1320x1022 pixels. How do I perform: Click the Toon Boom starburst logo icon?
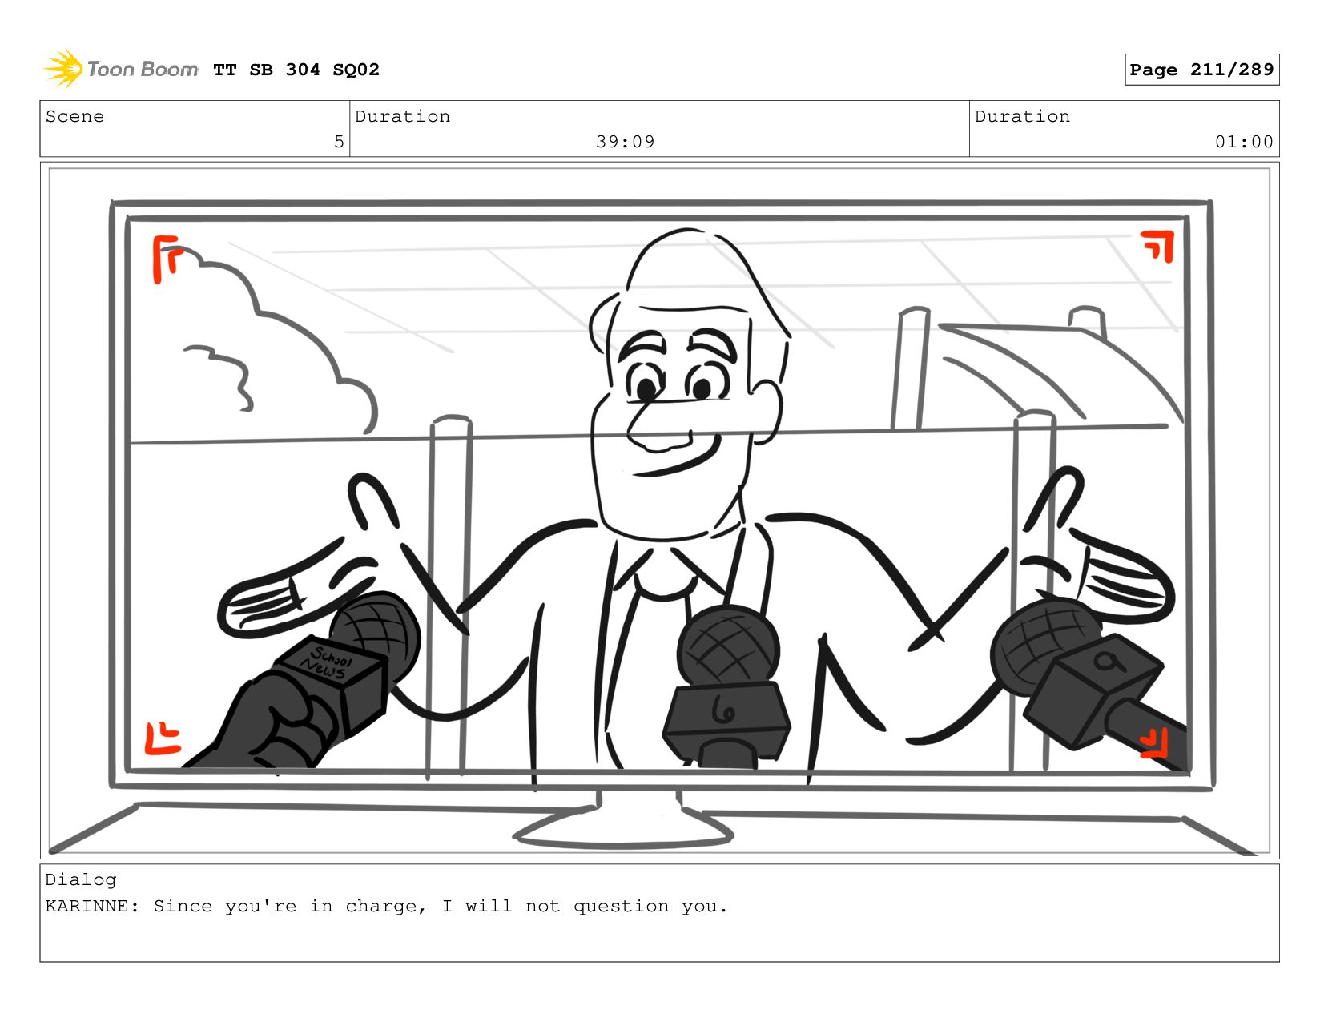[x=62, y=69]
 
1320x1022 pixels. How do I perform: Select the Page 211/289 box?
[x=1201, y=69]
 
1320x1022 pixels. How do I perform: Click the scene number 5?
[x=338, y=142]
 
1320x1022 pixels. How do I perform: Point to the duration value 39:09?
[x=625, y=142]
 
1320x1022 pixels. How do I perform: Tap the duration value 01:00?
[x=1243, y=142]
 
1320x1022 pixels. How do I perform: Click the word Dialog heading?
[x=81, y=879]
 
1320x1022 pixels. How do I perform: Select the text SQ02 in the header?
[x=356, y=70]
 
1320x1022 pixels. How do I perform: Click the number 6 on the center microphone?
[x=722, y=710]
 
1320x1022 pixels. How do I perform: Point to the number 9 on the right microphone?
[x=1108, y=662]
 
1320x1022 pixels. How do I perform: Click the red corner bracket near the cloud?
[x=166, y=257]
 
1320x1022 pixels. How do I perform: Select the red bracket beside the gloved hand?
[x=162, y=738]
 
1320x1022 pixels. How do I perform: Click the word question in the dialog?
[x=620, y=907]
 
